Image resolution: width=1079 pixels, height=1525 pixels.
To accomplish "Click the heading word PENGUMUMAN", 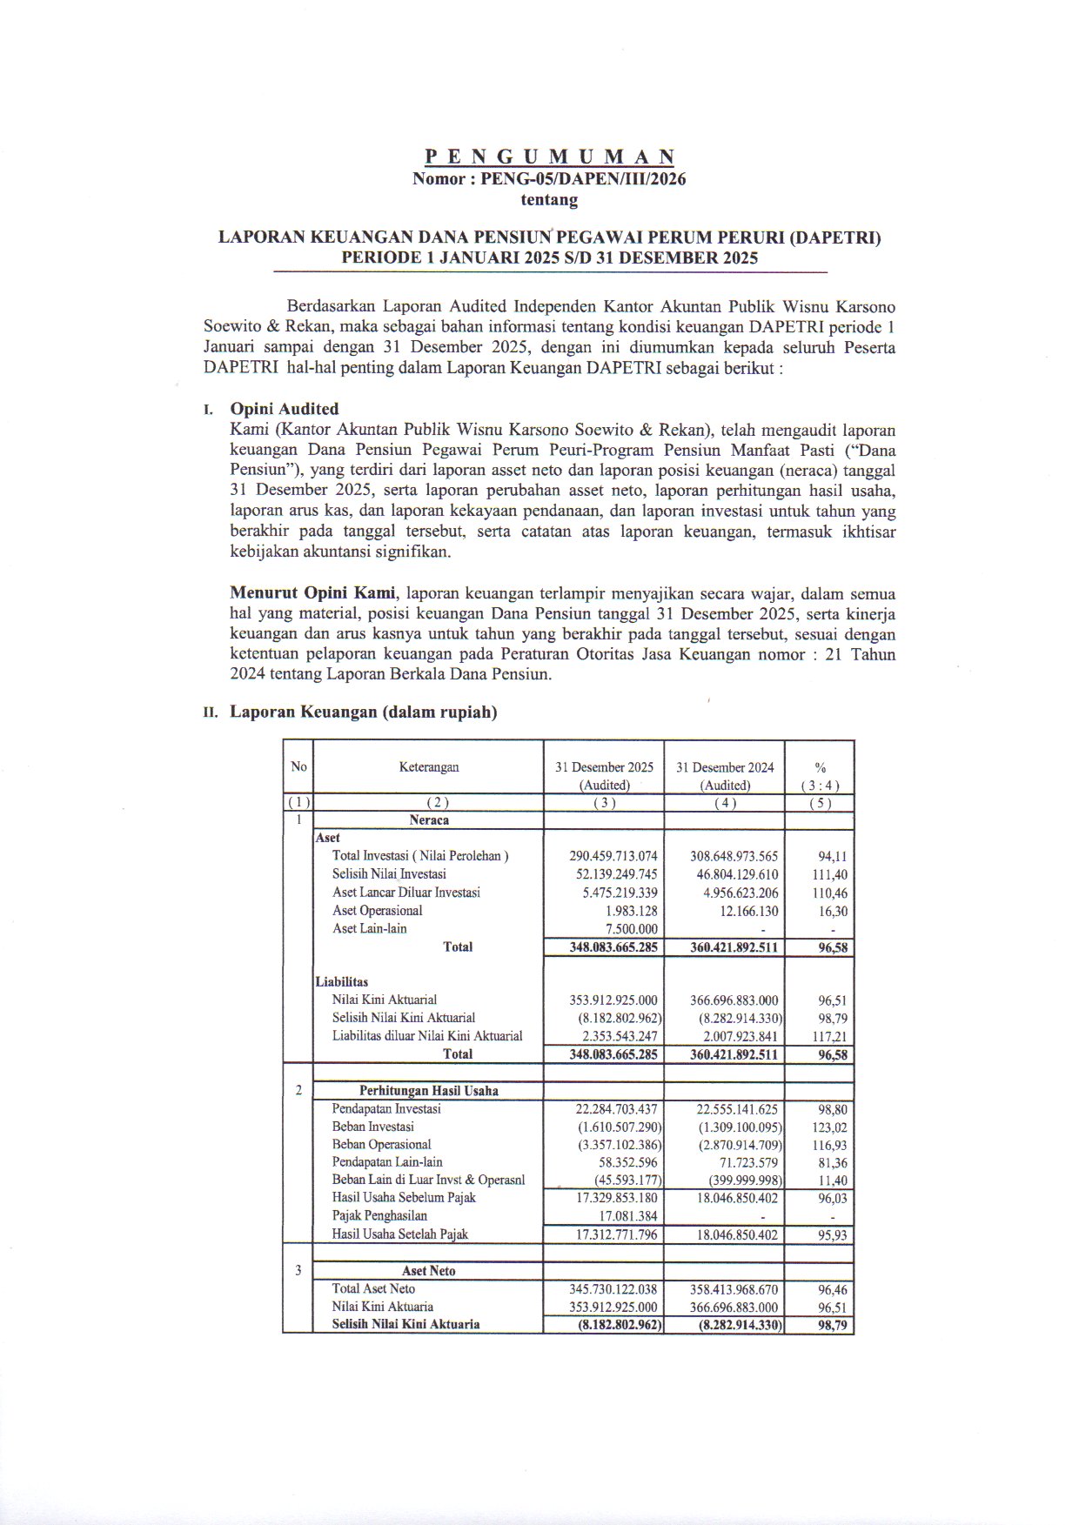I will coord(549,157).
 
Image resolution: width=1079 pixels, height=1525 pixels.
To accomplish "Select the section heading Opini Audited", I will coord(284,409).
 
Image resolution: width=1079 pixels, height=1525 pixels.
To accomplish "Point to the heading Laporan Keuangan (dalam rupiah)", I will coord(363,712).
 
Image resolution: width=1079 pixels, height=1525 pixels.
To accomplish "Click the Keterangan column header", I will coord(429,767).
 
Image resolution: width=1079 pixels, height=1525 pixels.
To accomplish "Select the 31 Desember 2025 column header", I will coord(604,767).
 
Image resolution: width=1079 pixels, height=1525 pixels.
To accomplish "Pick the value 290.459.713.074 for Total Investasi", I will coord(613,856).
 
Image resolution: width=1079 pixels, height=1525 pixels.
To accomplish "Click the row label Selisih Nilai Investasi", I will coord(389,874).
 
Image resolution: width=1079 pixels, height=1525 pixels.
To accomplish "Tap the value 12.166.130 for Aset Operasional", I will coord(746,911).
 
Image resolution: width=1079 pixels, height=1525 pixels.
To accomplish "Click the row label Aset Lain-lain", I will coord(369,929).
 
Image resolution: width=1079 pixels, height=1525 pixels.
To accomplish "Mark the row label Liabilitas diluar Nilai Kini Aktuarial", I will coord(427,1036).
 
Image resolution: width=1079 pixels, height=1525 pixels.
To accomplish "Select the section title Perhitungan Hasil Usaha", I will coord(428,1091).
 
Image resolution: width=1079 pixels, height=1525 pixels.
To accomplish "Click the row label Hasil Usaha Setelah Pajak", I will coord(399,1234).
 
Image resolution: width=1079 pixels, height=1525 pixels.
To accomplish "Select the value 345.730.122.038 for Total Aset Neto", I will coord(613,1289).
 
